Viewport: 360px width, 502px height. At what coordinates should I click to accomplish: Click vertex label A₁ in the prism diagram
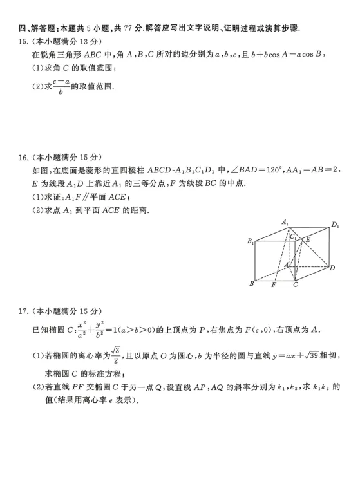[285, 222]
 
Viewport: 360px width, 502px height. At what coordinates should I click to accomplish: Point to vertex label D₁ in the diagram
[335, 225]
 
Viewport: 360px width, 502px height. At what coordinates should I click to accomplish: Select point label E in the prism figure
[308, 239]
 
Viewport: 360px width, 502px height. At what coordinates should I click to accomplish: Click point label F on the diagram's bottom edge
[274, 284]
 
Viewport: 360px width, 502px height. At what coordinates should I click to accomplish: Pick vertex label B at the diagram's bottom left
[251, 283]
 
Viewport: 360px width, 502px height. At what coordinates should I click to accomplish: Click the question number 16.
[24, 157]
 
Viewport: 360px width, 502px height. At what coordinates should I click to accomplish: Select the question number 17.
[24, 311]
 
